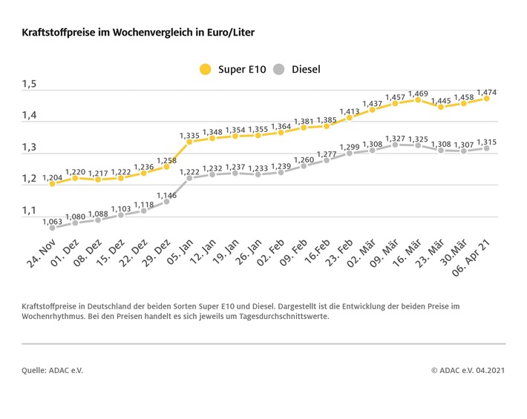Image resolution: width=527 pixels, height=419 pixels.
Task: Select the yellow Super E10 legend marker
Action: [x=205, y=70]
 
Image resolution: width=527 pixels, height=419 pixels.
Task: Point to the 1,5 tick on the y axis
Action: [x=29, y=85]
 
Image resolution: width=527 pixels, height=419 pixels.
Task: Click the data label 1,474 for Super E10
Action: [x=487, y=90]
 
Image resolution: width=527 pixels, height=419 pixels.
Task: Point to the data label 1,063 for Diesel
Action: [x=52, y=221]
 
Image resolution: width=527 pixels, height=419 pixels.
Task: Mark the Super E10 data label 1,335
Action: [x=189, y=135]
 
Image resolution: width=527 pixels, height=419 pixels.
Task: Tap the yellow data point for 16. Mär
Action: [x=418, y=99]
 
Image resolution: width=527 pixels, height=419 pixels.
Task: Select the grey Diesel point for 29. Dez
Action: [x=166, y=201]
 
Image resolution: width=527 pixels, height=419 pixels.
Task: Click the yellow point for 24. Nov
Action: [x=52, y=183]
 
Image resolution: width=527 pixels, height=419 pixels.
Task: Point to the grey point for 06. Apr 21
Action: [x=487, y=148]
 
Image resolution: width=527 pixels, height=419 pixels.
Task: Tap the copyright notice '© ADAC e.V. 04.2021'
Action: [x=468, y=369]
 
